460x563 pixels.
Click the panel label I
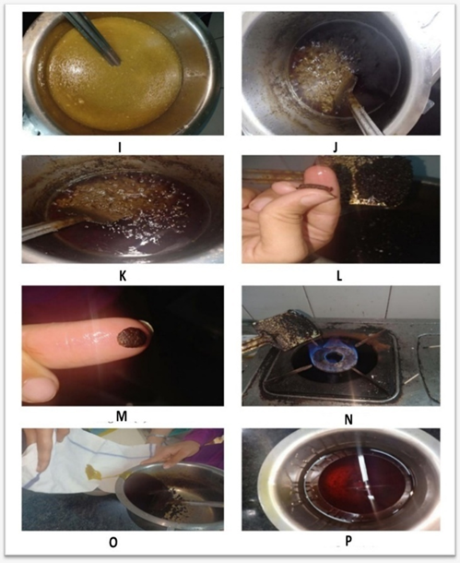(120, 148)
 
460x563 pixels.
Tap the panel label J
(335, 148)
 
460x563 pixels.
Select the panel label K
(123, 276)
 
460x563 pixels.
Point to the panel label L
(339, 276)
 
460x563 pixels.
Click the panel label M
(122, 416)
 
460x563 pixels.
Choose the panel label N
(348, 419)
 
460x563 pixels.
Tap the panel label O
(113, 543)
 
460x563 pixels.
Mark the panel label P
(348, 542)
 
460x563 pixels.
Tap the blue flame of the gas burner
(337, 354)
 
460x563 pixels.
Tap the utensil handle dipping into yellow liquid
(92, 39)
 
